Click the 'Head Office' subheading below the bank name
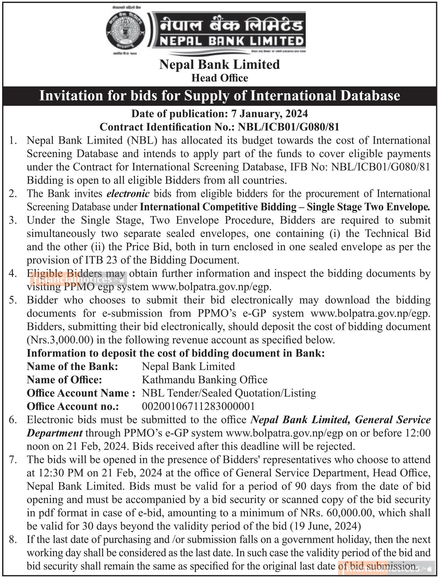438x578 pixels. click(x=219, y=78)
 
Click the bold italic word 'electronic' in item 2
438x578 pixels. click(x=128, y=193)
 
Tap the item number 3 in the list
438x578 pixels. click(x=12, y=220)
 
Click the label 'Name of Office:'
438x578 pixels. click(x=64, y=380)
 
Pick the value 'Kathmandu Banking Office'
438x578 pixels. click(x=205, y=380)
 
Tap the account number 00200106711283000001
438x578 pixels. click(x=198, y=406)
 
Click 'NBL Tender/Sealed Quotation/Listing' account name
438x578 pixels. click(x=229, y=393)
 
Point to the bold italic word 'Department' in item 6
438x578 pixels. click(x=54, y=433)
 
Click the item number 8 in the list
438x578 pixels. click(x=12, y=540)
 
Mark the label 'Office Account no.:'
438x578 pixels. click(x=73, y=406)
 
